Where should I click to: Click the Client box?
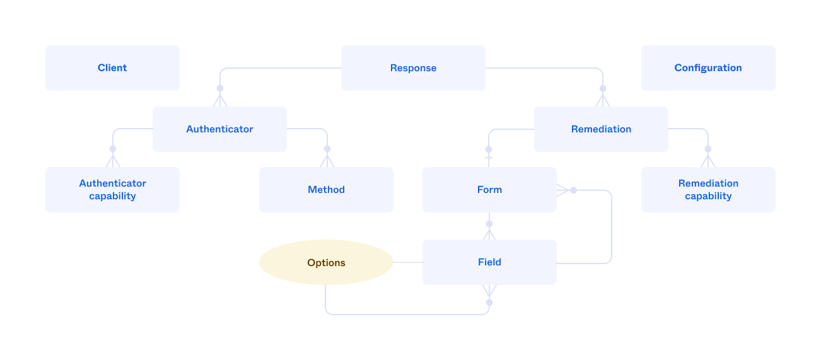point(112,68)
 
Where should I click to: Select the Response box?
point(413,68)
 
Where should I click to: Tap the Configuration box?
point(707,68)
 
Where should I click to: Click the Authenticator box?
point(219,129)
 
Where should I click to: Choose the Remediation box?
point(601,129)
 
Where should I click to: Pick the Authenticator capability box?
point(112,190)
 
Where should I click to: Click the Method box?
point(326,190)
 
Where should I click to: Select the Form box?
point(489,190)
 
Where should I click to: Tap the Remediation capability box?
point(707,190)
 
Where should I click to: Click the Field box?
point(489,262)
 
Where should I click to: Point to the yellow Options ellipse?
point(326,262)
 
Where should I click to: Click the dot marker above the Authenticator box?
point(220,88)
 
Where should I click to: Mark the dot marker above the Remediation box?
point(602,88)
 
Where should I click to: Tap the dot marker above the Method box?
point(327,149)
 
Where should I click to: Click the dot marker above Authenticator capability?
point(113,149)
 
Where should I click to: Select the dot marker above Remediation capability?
point(707,149)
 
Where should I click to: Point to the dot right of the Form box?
point(573,190)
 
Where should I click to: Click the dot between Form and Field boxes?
point(489,223)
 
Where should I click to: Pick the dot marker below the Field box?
point(489,302)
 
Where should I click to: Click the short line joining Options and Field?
point(408,262)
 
